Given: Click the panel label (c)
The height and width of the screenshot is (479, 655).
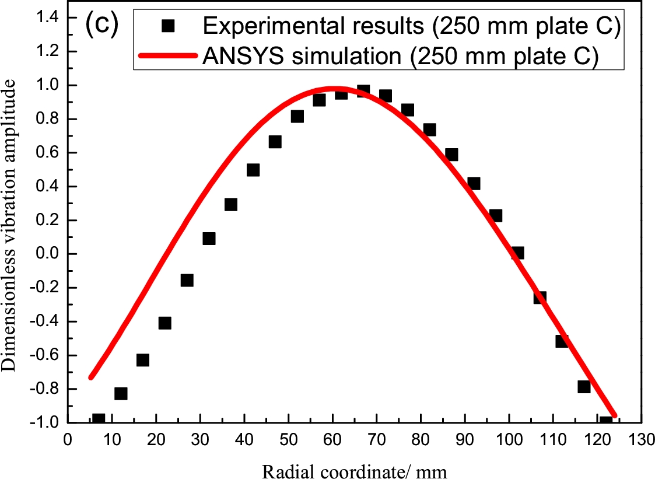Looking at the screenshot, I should tap(102, 25).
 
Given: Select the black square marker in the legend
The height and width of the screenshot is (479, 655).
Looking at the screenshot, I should tap(169, 26).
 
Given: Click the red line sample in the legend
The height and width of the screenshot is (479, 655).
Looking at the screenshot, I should tap(169, 57).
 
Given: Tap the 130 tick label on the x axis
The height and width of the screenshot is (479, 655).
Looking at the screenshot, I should tap(642, 439).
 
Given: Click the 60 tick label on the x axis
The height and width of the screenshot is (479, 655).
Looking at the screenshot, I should tap(332, 439).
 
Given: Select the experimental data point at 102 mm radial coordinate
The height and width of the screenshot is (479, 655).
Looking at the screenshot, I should tap(517, 253).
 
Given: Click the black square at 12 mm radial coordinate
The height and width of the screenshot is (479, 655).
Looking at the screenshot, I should tap(121, 393).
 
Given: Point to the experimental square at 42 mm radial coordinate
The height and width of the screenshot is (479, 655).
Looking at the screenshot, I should tap(253, 170).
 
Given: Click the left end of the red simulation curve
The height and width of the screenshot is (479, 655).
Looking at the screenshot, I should tap(90, 377).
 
